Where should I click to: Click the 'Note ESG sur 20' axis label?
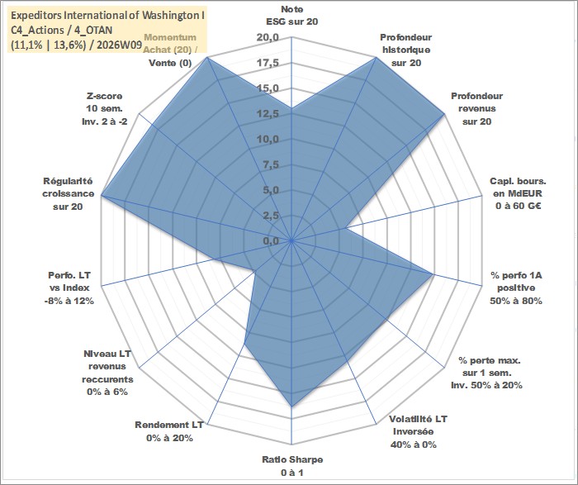pos(292,15)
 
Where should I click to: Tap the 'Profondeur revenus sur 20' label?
pos(476,108)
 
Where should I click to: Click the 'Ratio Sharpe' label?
pos(292,465)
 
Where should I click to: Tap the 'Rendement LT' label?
pos(169,431)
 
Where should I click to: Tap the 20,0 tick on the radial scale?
pos(268,38)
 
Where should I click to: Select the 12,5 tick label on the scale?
pos(268,114)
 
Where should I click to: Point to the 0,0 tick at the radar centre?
pos(270,240)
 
